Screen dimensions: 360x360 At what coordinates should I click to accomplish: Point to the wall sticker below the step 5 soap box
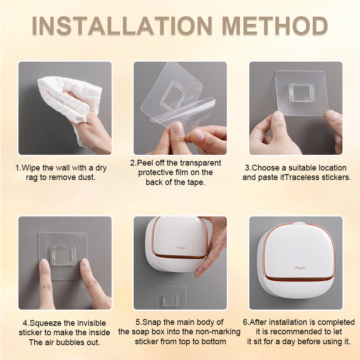(x=171, y=297)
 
